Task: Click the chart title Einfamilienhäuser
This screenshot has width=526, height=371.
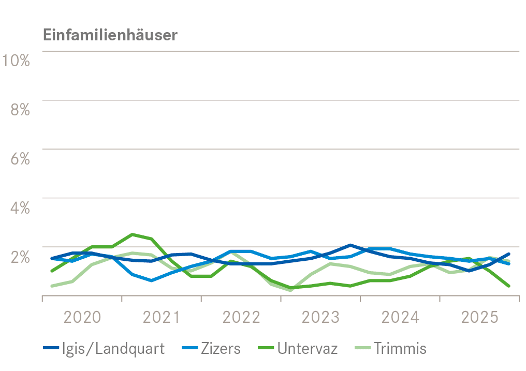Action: click(110, 35)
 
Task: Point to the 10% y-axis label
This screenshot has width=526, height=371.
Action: click(16, 60)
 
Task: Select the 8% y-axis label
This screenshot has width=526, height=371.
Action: click(20, 109)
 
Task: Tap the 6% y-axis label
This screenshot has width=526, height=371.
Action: click(20, 158)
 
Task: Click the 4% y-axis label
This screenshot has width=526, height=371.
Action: click(20, 207)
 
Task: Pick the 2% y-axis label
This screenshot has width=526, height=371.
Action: click(20, 257)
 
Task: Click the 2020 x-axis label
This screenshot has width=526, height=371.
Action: click(82, 317)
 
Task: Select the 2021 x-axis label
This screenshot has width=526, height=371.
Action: click(162, 317)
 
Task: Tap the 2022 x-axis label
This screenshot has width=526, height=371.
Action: click(241, 317)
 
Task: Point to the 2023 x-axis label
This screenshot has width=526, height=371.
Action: click(320, 317)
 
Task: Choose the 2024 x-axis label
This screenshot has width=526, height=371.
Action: click(400, 317)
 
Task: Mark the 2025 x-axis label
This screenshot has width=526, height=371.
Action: click(479, 317)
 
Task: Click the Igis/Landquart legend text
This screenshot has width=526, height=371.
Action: click(113, 349)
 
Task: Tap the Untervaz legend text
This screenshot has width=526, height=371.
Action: click(308, 349)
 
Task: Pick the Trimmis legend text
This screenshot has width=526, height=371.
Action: click(400, 349)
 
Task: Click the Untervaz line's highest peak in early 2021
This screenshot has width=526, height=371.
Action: click(132, 234)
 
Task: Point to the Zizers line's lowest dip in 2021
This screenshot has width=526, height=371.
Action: click(151, 280)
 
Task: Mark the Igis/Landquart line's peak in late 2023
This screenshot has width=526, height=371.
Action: click(350, 245)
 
